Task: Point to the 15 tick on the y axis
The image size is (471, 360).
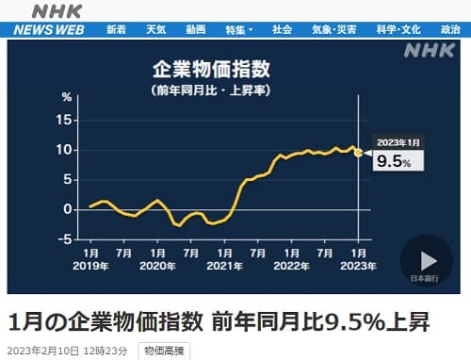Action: tap(66, 121)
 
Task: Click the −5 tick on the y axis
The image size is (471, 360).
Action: tap(64, 237)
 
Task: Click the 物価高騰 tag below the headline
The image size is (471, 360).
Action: tap(165, 351)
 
